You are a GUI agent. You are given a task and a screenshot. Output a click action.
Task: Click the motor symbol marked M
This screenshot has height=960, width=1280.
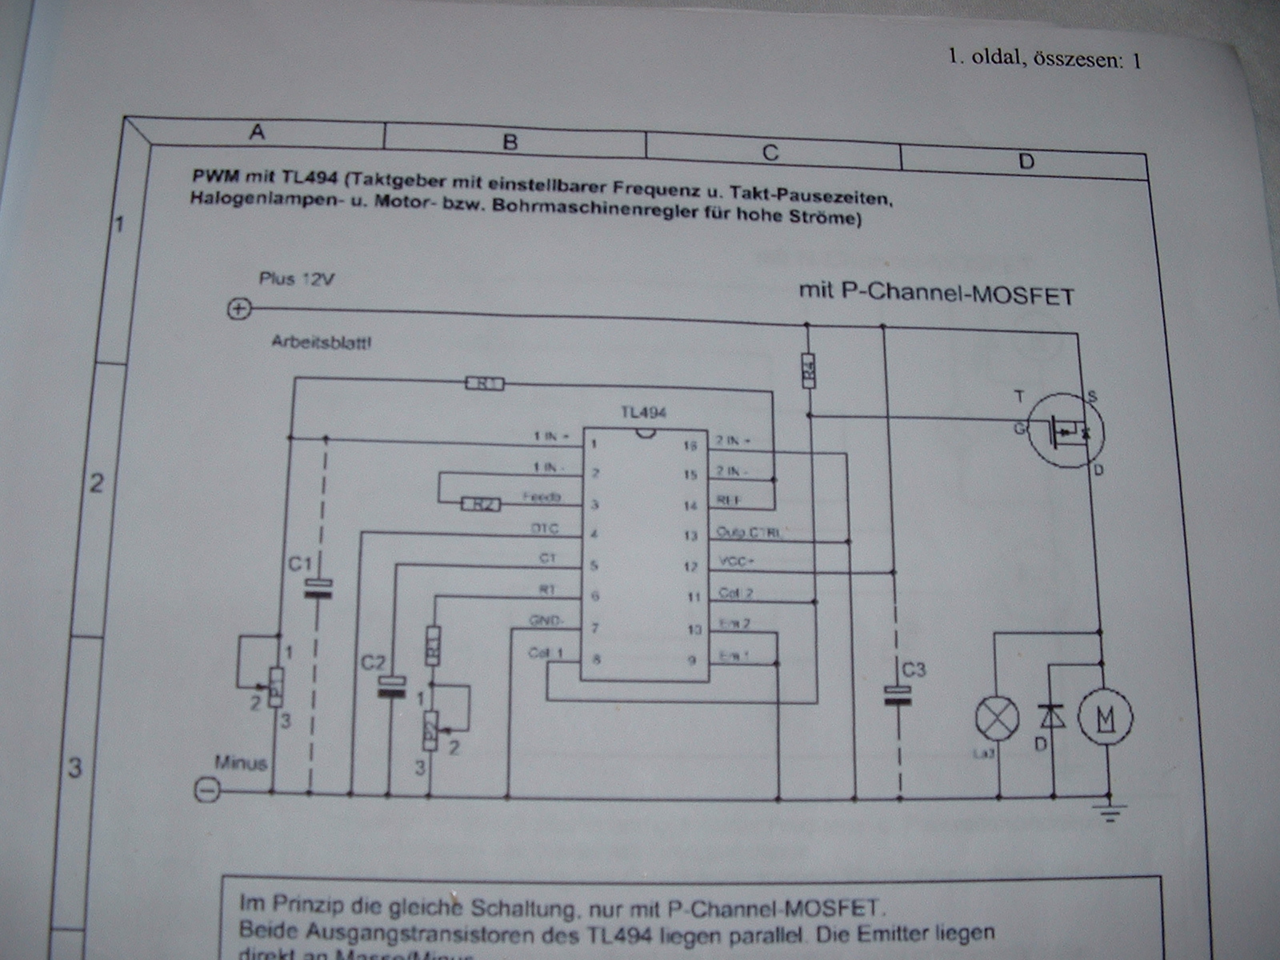(x=1105, y=716)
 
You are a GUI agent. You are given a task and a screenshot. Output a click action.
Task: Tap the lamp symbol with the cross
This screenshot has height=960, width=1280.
(x=998, y=718)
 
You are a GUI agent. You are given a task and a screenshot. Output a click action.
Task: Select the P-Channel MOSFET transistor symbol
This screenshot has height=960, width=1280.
(x=1064, y=432)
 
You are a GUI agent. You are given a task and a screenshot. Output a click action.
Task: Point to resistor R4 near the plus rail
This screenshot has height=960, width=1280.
(x=809, y=370)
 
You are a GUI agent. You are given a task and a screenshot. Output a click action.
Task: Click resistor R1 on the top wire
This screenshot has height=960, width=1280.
(x=485, y=383)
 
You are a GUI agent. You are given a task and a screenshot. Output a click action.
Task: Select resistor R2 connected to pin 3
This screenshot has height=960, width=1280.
(x=481, y=504)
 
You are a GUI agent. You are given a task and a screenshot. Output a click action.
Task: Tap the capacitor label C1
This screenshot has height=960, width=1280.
(x=300, y=564)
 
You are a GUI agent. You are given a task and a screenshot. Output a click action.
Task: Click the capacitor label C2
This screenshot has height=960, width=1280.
(x=373, y=662)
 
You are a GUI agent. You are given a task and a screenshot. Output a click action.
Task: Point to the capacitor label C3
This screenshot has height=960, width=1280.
(x=914, y=669)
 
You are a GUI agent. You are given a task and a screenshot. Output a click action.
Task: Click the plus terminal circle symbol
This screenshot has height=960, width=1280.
(x=239, y=309)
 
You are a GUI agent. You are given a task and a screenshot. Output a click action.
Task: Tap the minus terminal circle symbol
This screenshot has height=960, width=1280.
(x=207, y=790)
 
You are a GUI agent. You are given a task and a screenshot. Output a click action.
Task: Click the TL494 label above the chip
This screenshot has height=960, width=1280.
(x=643, y=413)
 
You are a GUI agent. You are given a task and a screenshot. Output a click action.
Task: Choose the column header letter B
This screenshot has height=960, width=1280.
(x=510, y=142)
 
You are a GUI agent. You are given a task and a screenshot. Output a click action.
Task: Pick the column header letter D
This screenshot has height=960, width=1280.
(x=1026, y=162)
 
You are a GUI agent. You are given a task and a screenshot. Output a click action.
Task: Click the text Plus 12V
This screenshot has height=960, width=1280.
(x=297, y=279)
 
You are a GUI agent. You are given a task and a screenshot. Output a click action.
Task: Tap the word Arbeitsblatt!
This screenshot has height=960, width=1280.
(x=322, y=342)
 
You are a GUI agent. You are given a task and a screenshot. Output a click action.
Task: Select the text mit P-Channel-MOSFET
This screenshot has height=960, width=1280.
(x=936, y=293)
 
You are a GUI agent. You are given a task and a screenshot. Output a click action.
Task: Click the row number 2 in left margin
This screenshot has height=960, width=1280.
(x=96, y=483)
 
